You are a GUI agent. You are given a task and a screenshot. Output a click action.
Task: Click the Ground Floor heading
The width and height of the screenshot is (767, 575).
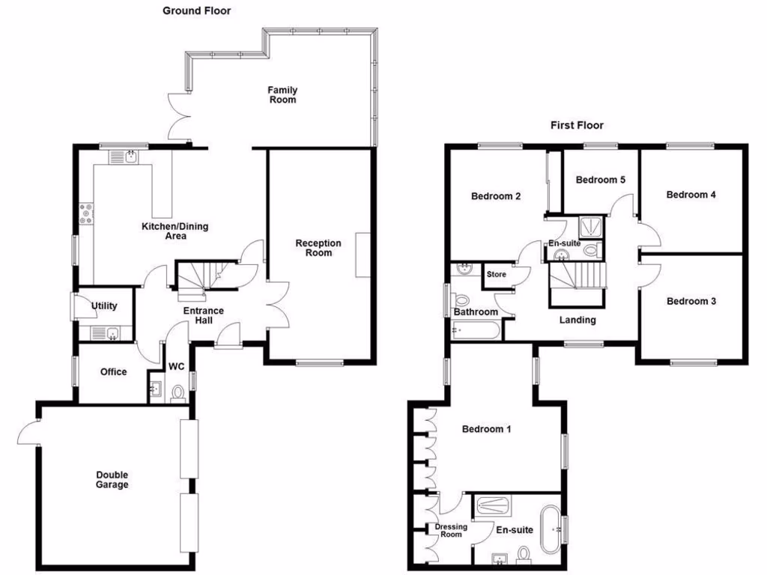coord(196,11)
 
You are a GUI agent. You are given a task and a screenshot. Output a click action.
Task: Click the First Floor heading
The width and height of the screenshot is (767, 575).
coord(577,125)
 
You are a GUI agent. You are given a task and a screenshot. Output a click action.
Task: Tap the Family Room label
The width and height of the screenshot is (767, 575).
coord(282,94)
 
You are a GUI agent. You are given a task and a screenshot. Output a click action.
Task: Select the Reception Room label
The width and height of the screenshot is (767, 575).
coord(318,248)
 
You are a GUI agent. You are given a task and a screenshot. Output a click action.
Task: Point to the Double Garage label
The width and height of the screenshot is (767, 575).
coord(112,479)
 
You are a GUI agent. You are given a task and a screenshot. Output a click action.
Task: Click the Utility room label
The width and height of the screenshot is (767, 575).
coord(104,306)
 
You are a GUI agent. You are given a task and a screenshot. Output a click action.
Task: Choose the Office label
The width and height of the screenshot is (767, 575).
coord(113,372)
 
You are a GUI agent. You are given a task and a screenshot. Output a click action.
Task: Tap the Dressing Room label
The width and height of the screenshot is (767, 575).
coord(452,530)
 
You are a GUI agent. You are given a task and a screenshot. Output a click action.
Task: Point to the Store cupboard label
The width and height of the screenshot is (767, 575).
coord(497,275)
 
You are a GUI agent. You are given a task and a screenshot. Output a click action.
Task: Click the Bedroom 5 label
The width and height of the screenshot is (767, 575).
coord(600,180)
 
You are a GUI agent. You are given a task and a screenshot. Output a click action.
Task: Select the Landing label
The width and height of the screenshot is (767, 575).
coord(577,320)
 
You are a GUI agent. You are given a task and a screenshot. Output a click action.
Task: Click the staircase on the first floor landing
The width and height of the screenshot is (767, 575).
coord(577,277)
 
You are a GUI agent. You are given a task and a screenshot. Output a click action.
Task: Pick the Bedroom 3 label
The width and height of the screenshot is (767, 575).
coord(691,302)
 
